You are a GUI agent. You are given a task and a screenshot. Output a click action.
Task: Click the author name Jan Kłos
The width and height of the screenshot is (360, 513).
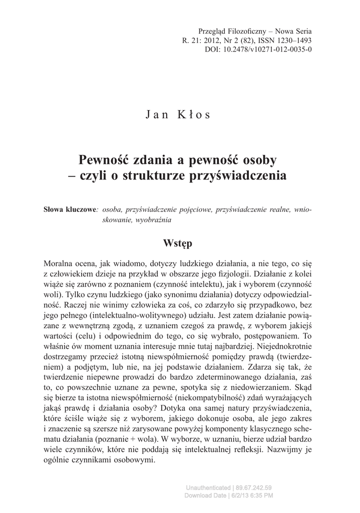(179, 114)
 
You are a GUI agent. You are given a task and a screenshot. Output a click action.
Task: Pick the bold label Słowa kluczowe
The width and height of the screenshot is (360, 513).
(70, 209)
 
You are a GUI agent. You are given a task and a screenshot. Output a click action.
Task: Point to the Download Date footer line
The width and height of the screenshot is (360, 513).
(229, 495)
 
